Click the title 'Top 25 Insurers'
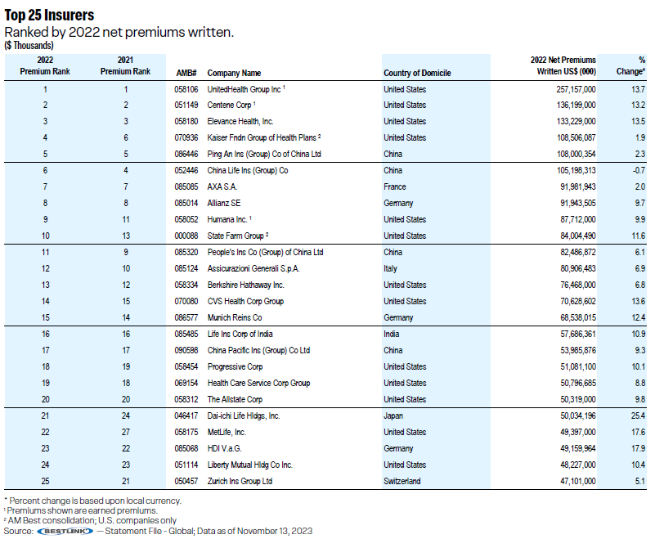(49, 15)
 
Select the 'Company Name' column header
(234, 73)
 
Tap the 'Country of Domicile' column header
(417, 73)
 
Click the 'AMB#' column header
(186, 73)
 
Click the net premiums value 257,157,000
(576, 89)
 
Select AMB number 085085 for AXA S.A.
(186, 186)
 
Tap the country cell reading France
(395, 186)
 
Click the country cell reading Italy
(390, 268)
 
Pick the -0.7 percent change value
(639, 170)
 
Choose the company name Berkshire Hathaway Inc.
(245, 285)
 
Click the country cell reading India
(392, 335)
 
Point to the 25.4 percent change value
(639, 415)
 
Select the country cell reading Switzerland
(402, 482)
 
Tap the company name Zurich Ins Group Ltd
(240, 482)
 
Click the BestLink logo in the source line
(65, 531)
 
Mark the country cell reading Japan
(393, 416)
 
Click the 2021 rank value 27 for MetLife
(126, 432)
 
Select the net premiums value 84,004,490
(578, 236)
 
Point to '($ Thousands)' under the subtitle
(29, 46)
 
